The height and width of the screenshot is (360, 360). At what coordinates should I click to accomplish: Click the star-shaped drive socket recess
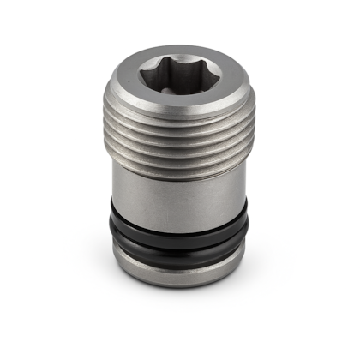click(180, 75)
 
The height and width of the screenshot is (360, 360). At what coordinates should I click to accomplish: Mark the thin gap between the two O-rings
click(180, 238)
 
